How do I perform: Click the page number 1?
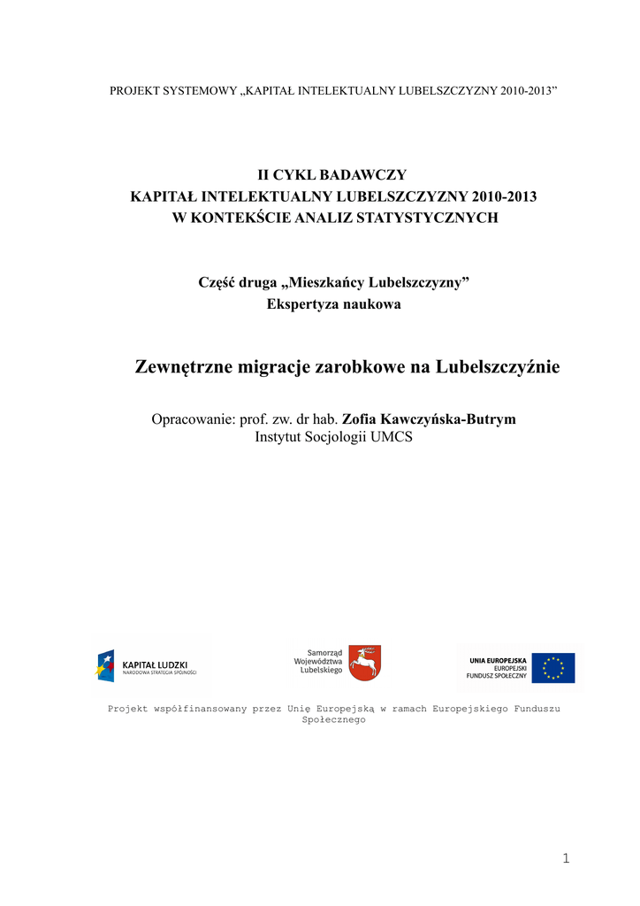(566, 858)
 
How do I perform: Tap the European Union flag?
(552, 668)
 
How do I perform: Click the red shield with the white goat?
(364, 663)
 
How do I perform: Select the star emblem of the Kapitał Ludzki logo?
(105, 664)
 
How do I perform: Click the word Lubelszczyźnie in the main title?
(498, 366)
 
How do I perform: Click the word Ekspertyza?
(303, 304)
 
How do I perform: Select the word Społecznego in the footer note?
(333, 720)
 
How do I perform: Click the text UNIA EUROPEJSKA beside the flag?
(499, 660)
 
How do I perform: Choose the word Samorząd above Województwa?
(324, 652)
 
